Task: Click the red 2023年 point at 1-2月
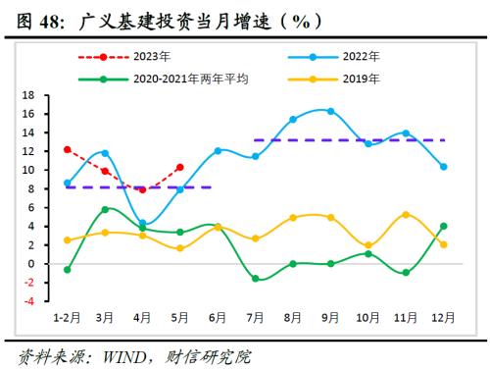(x=67, y=150)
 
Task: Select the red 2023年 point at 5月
(x=180, y=167)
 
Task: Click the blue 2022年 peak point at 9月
(x=330, y=111)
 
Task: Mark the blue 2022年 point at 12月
(x=444, y=167)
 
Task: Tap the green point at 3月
(x=105, y=209)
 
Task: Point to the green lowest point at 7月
(x=255, y=279)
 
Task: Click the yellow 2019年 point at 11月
(x=406, y=214)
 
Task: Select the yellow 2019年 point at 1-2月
(x=67, y=239)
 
